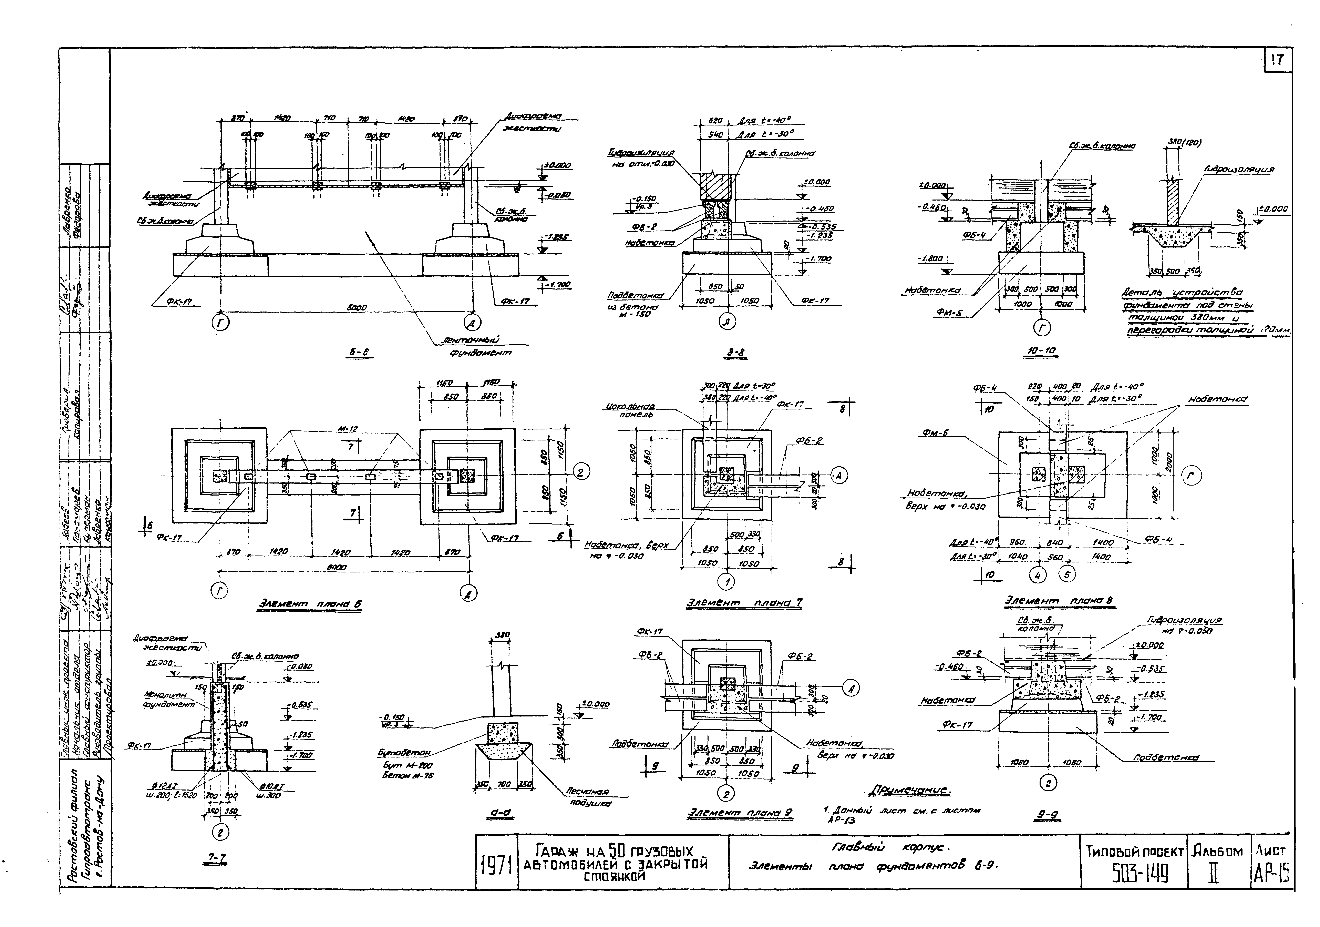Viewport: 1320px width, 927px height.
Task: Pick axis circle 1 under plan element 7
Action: tap(727, 582)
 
